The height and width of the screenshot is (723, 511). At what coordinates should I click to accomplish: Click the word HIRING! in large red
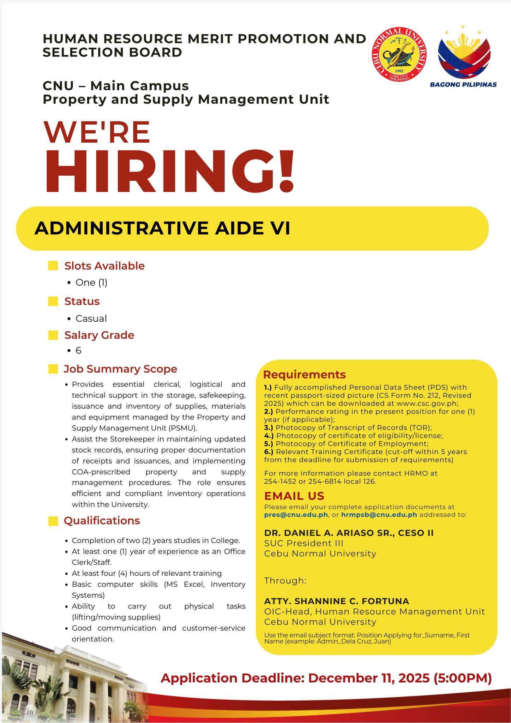[x=169, y=171]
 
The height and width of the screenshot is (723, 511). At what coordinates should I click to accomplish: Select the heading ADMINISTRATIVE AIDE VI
[x=162, y=228]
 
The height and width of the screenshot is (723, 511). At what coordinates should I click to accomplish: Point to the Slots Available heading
[x=104, y=266]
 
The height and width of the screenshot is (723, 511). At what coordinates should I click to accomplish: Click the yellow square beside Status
[x=53, y=301]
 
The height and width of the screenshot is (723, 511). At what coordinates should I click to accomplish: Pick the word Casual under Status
[x=91, y=318]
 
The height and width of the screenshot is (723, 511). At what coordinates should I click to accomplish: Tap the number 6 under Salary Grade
[x=78, y=350]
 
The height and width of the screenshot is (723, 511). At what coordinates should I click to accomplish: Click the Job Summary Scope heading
[x=120, y=369]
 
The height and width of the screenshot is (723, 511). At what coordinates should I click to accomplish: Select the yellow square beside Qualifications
[x=53, y=521]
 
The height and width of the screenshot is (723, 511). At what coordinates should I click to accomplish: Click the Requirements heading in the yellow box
[x=304, y=375]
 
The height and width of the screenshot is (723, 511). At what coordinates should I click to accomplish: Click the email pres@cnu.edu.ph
[x=296, y=515]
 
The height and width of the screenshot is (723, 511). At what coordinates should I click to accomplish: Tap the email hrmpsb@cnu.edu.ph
[x=379, y=515]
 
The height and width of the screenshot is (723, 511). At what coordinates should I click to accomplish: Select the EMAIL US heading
[x=294, y=496]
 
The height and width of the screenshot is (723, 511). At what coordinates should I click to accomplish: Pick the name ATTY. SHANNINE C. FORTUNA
[x=337, y=601]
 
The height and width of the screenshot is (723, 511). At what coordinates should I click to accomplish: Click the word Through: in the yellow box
[x=285, y=580]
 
